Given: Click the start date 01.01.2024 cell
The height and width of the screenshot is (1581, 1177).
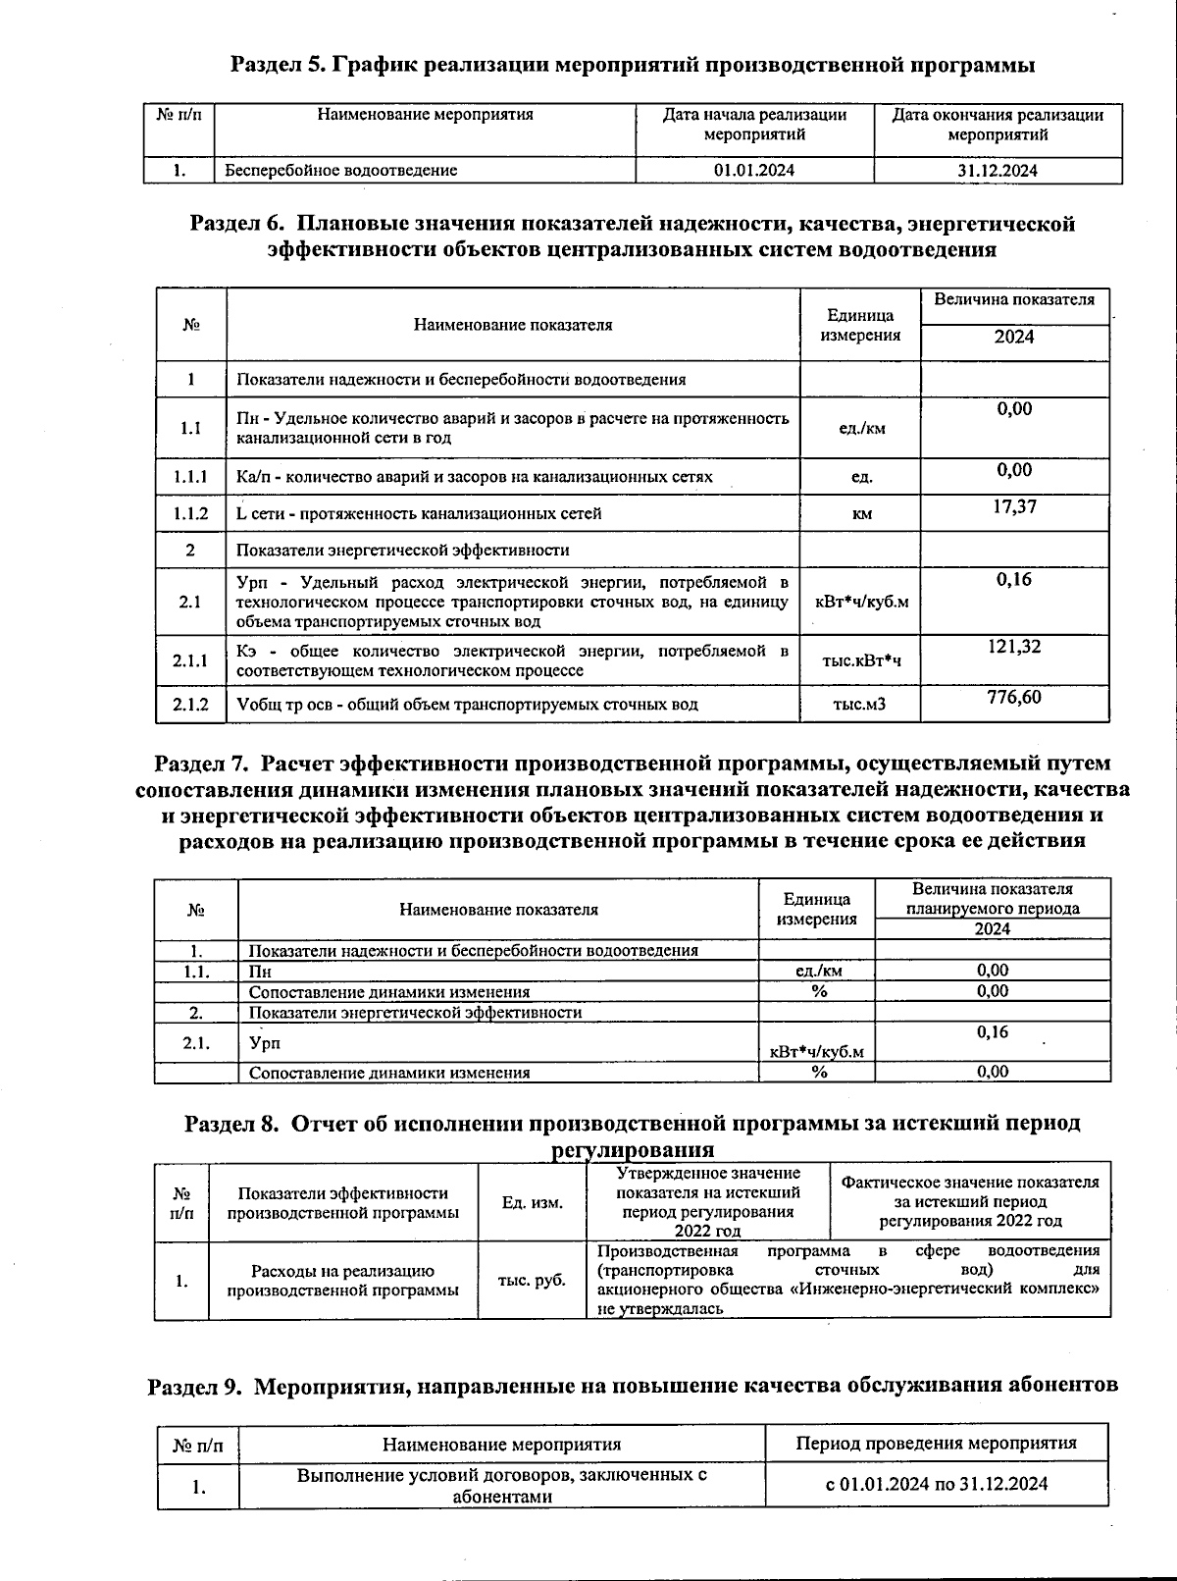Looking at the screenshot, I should (754, 170).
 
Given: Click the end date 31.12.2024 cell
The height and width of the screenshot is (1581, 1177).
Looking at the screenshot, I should (998, 170).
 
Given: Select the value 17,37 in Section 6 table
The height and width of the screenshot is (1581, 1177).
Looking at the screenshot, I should (1014, 506).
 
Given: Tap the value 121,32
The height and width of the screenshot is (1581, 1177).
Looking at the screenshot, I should (1014, 647).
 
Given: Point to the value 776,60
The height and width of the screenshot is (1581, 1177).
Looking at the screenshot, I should (1014, 697).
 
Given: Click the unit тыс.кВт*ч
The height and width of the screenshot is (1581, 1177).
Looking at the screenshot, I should (861, 660).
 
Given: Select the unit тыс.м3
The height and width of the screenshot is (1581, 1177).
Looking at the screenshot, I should (859, 704).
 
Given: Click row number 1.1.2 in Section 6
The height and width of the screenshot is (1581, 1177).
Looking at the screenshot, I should (191, 513).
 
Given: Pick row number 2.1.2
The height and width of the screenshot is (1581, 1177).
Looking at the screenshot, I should (191, 704).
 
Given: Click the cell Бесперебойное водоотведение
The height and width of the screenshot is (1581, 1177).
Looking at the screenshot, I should (341, 170).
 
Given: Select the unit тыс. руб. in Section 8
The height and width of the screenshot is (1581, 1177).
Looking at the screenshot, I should (532, 1280).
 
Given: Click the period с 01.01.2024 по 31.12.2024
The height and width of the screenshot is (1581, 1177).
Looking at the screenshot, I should (936, 1483).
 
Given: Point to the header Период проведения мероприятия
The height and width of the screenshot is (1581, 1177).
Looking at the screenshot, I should (936, 1443).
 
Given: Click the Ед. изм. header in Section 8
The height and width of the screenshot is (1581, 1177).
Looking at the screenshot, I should (532, 1202).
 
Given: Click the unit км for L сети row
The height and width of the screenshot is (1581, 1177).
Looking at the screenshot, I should (861, 513).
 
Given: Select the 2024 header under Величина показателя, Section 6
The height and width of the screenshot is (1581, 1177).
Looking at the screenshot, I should (1014, 337).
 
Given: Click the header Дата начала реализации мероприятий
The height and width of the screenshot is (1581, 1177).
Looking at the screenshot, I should (754, 124).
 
